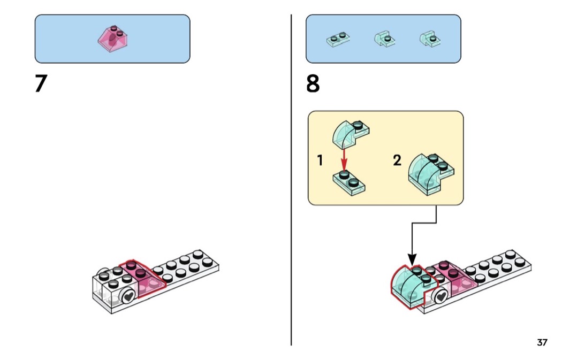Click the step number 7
coord(41,84)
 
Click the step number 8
coord(313,84)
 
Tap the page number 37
coord(542,342)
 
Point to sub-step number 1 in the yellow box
coord(320,160)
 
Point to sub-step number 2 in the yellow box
coord(397,160)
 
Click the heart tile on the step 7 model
coord(128,296)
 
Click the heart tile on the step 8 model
coord(441,296)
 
